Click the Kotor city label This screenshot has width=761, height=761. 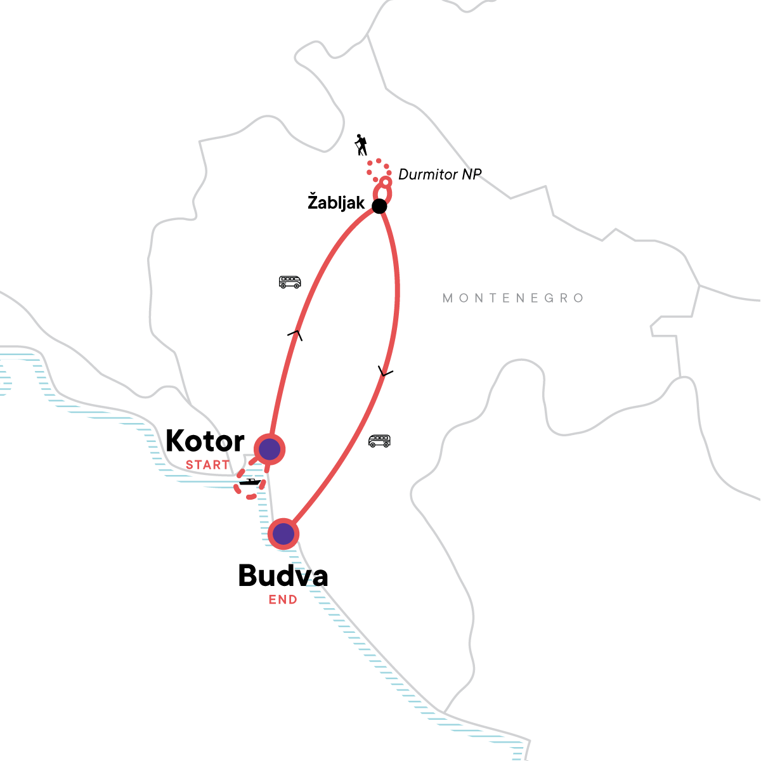click(x=205, y=441)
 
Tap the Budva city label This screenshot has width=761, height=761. click(x=283, y=576)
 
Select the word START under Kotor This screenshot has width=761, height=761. click(x=207, y=465)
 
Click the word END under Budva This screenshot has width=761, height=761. click(x=283, y=600)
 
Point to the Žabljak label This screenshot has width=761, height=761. click(x=336, y=203)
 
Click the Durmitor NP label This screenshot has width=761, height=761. click(x=440, y=174)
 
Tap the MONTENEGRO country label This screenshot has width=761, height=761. click(x=513, y=298)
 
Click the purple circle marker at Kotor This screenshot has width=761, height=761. click(x=270, y=449)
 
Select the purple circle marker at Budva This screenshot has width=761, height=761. click(x=283, y=534)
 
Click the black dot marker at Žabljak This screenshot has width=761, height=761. click(x=379, y=206)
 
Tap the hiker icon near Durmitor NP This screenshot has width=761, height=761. click(x=361, y=145)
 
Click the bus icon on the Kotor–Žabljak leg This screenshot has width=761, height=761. click(x=290, y=282)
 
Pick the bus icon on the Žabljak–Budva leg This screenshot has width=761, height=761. click(x=379, y=441)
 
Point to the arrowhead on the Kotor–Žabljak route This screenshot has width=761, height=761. click(x=295, y=334)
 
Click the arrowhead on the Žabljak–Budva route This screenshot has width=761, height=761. click(x=384, y=372)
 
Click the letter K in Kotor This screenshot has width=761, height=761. click(x=176, y=441)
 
